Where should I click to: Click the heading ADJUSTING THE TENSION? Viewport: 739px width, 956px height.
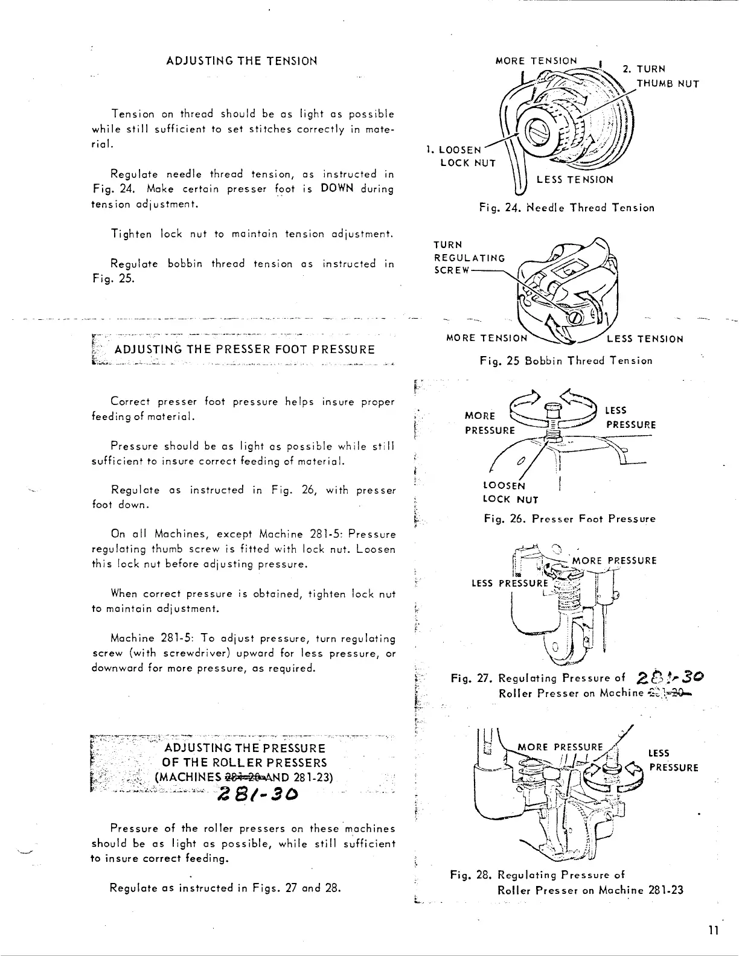pyautogui.click(x=242, y=61)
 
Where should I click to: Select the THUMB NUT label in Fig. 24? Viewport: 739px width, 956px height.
pyautogui.click(x=667, y=84)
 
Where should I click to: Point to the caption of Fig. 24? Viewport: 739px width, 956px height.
pyautogui.click(x=566, y=208)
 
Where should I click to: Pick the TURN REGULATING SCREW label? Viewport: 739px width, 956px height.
pyautogui.click(x=469, y=258)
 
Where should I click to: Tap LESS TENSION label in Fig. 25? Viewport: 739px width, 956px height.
pyautogui.click(x=645, y=339)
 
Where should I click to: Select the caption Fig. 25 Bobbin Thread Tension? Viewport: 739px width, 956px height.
pyautogui.click(x=566, y=361)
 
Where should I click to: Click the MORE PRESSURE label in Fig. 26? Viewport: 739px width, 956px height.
pyautogui.click(x=490, y=423)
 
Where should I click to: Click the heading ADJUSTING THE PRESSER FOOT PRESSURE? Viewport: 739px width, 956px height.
pyautogui.click(x=244, y=349)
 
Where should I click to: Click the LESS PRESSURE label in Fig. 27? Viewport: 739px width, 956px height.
pyautogui.click(x=509, y=583)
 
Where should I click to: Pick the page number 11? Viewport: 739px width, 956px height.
pyautogui.click(x=713, y=930)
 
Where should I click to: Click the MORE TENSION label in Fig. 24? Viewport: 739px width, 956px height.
pyautogui.click(x=536, y=61)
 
